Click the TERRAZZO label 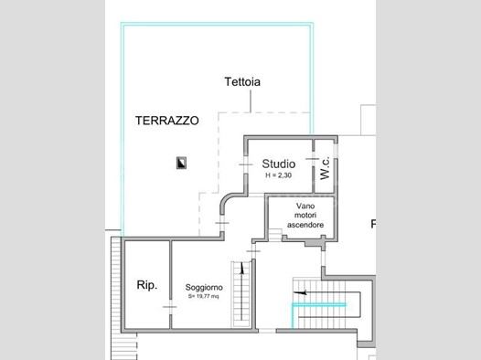166,121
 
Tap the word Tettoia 242,82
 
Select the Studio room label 279,164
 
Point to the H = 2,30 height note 279,175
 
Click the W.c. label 325,168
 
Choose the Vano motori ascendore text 305,215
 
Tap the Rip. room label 147,285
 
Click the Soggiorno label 204,288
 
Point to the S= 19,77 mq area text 203,296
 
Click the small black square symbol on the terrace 181,163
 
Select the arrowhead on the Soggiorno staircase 242,268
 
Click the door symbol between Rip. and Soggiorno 170,307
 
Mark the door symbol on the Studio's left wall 246,164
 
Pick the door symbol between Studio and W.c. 313,159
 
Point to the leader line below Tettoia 251,101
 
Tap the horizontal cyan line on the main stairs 319,304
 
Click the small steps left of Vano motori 275,235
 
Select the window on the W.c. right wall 336,151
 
